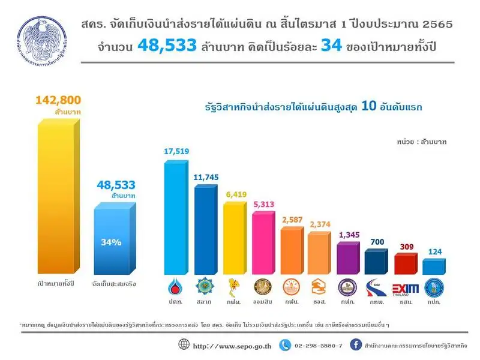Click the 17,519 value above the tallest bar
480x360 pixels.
click(x=176, y=152)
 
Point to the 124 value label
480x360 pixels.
click(x=434, y=251)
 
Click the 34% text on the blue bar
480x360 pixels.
click(x=110, y=242)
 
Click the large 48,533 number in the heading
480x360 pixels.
click(x=164, y=45)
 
